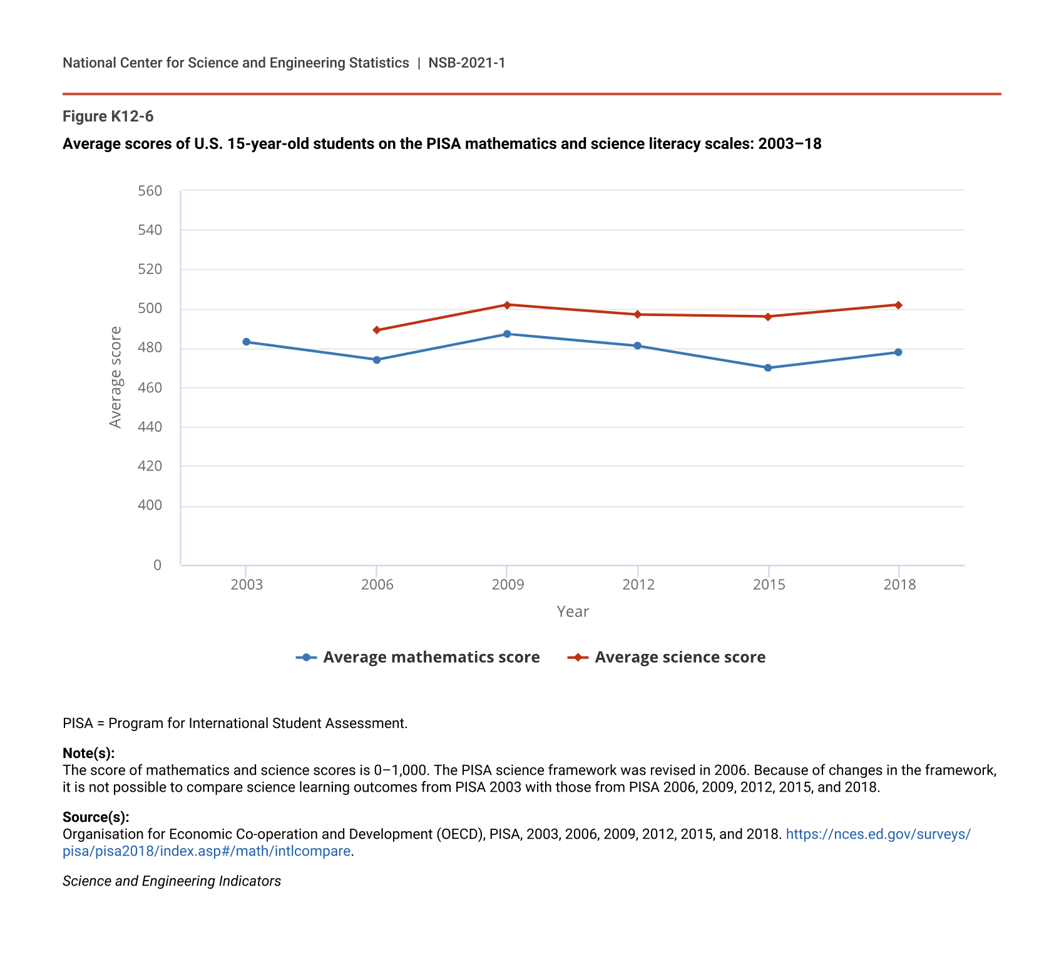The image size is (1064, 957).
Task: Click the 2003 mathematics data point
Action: [246, 342]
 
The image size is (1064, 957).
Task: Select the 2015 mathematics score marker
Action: [768, 368]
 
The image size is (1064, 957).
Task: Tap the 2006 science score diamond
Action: [377, 330]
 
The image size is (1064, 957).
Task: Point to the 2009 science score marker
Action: [507, 305]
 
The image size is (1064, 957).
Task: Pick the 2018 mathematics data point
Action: [898, 352]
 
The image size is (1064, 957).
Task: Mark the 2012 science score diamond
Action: [638, 314]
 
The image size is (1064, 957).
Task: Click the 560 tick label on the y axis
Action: [150, 191]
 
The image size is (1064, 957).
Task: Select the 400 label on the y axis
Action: [150, 505]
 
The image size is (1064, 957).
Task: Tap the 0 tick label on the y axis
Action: [157, 565]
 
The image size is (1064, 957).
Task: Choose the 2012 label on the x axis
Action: [638, 585]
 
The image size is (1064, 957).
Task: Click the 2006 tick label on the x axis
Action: [377, 585]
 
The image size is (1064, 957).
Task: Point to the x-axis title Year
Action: [573, 612]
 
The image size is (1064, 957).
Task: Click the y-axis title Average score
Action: [115, 377]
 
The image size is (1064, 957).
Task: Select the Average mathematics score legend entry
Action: [418, 657]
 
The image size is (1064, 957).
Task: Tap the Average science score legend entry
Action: [667, 657]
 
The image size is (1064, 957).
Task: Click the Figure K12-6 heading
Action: [108, 116]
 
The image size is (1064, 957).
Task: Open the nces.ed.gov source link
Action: [877, 834]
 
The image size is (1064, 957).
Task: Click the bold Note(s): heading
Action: [88, 753]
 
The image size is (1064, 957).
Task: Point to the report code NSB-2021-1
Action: [466, 63]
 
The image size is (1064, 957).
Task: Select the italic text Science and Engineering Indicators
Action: [171, 881]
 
